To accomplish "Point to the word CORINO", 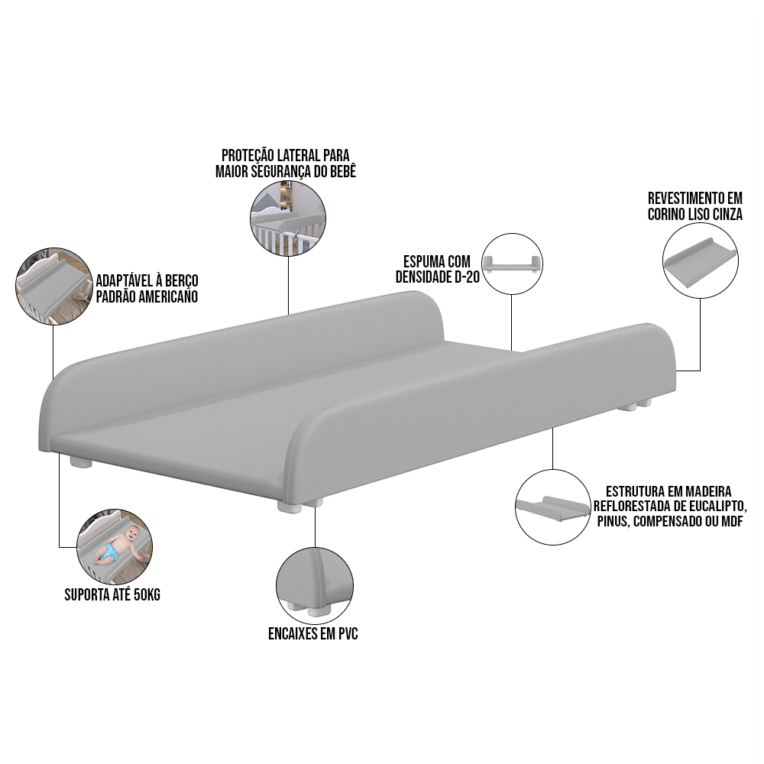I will point(667,215).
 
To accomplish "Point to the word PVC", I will point(345,633).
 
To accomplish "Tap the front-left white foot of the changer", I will point(80,462).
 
